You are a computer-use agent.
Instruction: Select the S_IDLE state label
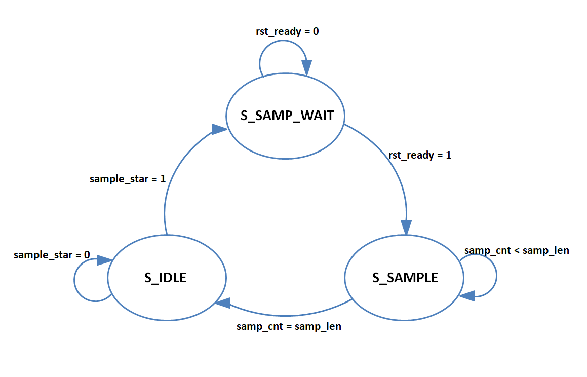(x=166, y=278)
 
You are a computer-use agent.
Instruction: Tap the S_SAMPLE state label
(x=405, y=278)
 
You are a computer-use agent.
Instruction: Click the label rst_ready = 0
(x=288, y=31)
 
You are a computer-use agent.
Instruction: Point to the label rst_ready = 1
(x=420, y=155)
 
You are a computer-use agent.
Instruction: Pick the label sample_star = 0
(x=52, y=254)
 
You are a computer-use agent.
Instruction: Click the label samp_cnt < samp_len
(x=517, y=250)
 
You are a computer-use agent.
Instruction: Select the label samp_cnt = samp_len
(x=289, y=327)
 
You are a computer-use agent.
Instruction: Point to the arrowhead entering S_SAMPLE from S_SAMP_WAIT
(x=406, y=227)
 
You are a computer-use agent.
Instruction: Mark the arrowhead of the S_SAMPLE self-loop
(x=467, y=295)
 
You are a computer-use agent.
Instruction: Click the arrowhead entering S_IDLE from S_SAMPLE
(x=223, y=303)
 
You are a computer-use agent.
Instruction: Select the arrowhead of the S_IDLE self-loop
(x=104, y=260)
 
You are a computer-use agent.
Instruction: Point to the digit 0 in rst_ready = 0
(x=316, y=31)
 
